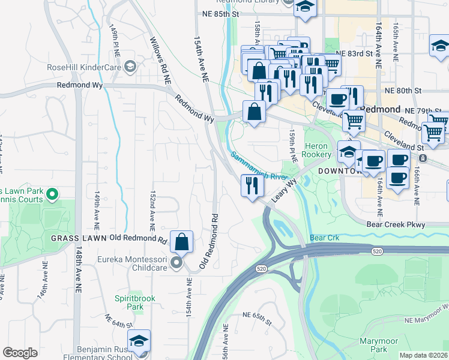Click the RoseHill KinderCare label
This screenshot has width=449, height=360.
point(84,67)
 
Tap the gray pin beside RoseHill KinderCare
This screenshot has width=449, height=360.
point(130,67)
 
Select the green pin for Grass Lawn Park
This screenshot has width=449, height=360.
point(52,194)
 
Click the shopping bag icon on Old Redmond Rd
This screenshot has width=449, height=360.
point(181,242)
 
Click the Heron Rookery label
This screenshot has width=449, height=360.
point(316,150)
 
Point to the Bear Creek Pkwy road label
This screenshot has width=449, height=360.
point(396,225)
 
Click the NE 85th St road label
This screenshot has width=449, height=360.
point(220,13)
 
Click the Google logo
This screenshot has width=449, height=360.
point(20,353)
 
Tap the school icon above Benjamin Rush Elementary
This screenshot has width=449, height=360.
point(139,341)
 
